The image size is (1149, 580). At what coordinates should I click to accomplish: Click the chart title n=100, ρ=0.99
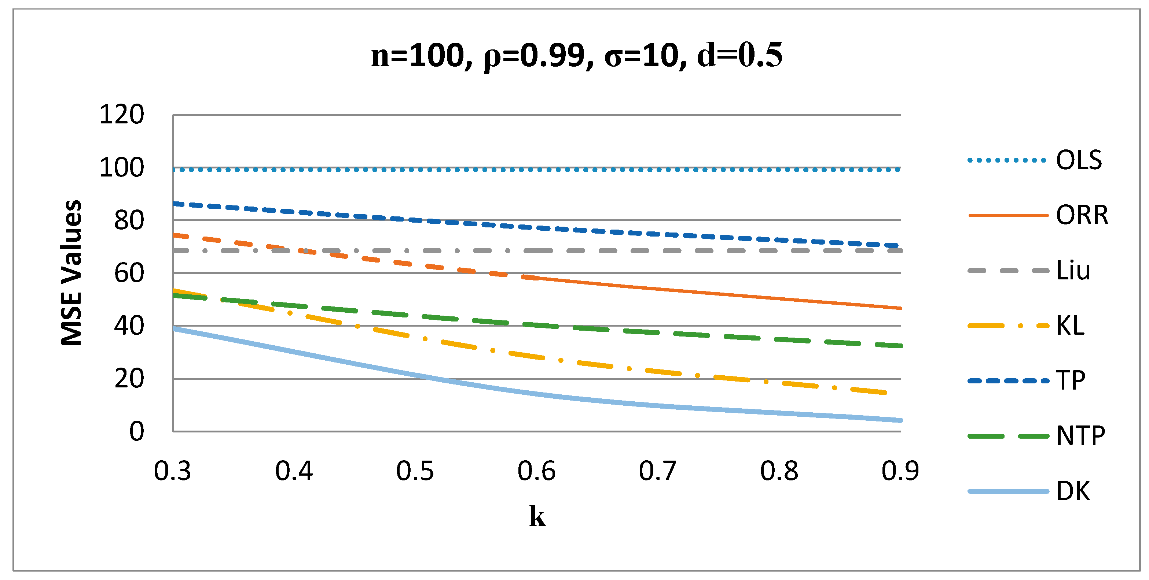(576, 56)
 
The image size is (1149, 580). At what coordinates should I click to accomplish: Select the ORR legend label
(1082, 215)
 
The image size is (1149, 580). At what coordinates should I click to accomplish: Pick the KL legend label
(1070, 326)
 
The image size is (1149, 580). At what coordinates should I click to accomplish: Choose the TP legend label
(1071, 381)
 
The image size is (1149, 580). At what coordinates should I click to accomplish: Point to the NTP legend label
(1080, 436)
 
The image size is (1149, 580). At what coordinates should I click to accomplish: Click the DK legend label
(1073, 491)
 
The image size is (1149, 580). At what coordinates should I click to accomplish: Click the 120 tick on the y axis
(121, 115)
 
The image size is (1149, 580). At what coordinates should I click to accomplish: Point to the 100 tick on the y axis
(121, 168)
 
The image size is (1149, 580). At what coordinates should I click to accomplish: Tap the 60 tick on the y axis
(129, 273)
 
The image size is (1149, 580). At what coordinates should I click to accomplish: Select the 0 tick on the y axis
(136, 431)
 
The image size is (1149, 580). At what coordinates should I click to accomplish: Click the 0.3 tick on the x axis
(172, 471)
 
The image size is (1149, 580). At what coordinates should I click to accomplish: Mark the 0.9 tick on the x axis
(900, 471)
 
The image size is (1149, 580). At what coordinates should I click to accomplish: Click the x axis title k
(537, 517)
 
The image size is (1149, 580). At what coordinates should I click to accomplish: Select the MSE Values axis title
(71, 273)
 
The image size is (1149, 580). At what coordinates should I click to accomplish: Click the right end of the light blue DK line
(900, 420)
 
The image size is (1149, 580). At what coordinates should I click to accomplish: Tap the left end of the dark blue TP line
(175, 204)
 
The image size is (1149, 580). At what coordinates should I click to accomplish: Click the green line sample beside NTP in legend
(1008, 436)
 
